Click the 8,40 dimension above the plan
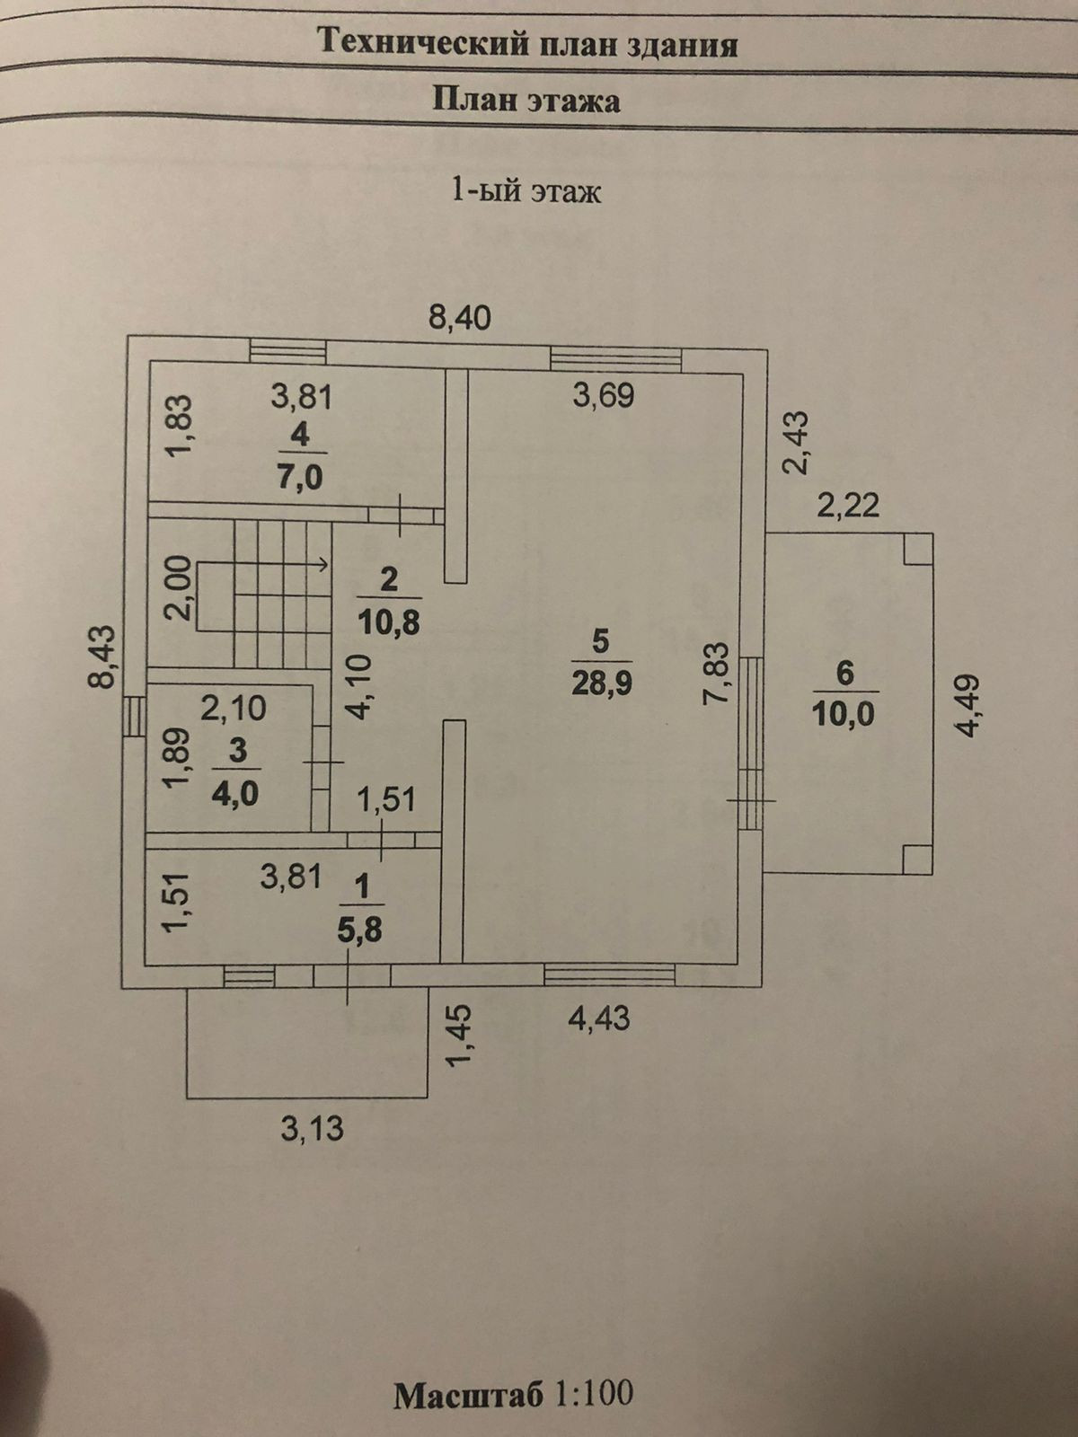(459, 317)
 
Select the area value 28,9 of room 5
(601, 683)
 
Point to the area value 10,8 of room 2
(389, 622)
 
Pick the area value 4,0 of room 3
(236, 794)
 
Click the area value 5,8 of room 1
(360, 929)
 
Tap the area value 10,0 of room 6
(844, 715)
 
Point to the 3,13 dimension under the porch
(312, 1127)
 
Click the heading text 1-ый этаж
(526, 190)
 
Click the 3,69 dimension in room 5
(604, 395)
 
